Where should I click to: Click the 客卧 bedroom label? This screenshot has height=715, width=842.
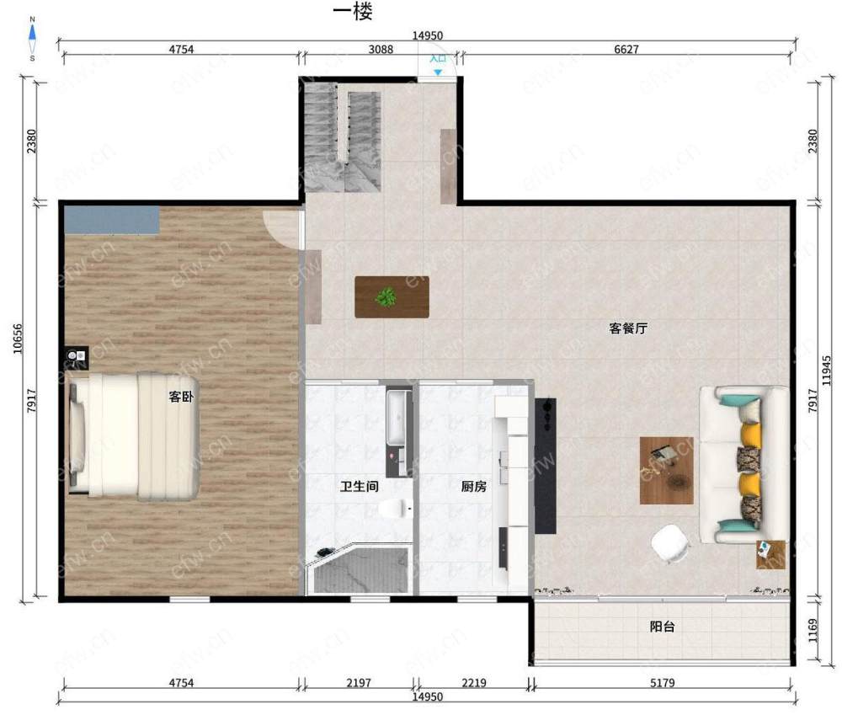[x=181, y=397]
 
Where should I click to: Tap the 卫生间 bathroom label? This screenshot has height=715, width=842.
[x=360, y=487]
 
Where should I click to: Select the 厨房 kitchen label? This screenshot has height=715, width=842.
[x=473, y=487]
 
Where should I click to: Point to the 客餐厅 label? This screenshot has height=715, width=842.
[x=628, y=328]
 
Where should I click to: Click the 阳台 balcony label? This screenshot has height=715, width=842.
[x=662, y=627]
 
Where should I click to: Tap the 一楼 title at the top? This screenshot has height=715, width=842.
[x=353, y=12]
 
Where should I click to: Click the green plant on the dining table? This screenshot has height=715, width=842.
[x=386, y=297]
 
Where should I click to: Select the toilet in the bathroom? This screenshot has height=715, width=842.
[x=396, y=508]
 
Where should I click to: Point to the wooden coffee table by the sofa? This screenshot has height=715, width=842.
[x=666, y=471]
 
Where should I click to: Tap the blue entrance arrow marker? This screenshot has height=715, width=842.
[x=438, y=72]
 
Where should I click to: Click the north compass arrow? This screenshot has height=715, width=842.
[x=32, y=34]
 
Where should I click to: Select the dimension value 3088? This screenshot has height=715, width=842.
[x=381, y=50]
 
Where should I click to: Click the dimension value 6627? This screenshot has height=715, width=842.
[x=626, y=50]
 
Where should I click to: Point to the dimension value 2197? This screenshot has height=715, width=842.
[x=359, y=683]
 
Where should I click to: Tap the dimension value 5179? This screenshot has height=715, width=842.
[x=662, y=683]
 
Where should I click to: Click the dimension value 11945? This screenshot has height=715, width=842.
[x=827, y=371]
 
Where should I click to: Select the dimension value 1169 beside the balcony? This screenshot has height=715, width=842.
[x=813, y=631]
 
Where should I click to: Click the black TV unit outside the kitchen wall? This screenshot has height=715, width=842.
[x=546, y=466]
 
